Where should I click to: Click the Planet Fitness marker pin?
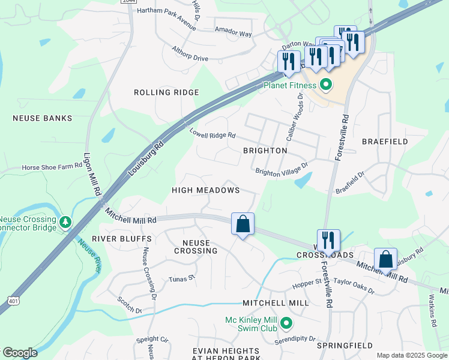pyautogui.click(x=326, y=85)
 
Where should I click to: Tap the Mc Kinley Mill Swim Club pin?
pyautogui.click(x=286, y=324)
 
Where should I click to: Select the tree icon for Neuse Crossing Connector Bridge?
pyautogui.click(x=65, y=222)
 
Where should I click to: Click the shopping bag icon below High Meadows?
pyautogui.click(x=243, y=224)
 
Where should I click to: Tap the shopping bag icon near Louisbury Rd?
pyautogui.click(x=385, y=260)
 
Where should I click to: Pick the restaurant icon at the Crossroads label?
pyautogui.click(x=328, y=241)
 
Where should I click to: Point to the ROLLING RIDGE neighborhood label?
pyautogui.click(x=166, y=92)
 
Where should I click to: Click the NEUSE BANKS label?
pyautogui.click(x=42, y=118)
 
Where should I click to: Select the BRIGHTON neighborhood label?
pyautogui.click(x=265, y=151)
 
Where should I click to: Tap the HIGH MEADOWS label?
pyautogui.click(x=205, y=190)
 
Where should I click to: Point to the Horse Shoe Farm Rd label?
pyautogui.click(x=51, y=168)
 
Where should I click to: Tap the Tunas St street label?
pyautogui.click(x=182, y=278)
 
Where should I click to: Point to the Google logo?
pyautogui.click(x=19, y=353)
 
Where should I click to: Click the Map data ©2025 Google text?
pyautogui.click(x=411, y=355)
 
